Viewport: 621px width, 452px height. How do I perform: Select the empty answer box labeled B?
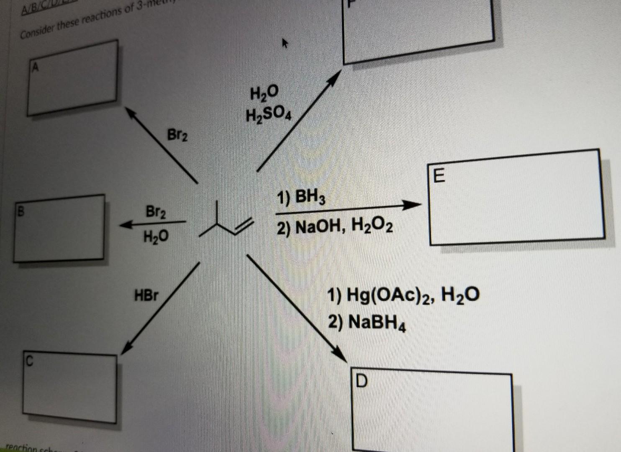59,228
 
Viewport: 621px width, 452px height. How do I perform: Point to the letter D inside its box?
362,381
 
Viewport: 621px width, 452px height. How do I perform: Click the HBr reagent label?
146,295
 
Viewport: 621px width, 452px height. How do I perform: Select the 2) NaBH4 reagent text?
367,323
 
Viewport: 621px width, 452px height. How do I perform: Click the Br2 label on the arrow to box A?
177,135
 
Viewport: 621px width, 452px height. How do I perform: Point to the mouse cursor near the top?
285,42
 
